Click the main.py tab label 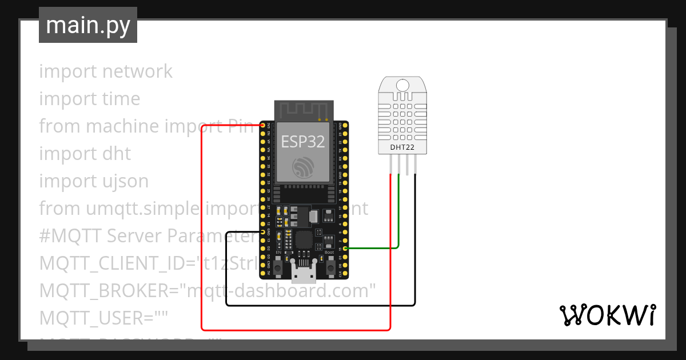88,25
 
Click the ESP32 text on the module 303,142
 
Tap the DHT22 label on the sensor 402,147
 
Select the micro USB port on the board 303,273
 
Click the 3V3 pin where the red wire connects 263,125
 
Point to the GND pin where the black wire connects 263,232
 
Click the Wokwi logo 607,315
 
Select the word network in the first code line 137,71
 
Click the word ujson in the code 123,181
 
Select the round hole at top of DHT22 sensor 402,86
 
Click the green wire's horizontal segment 372,249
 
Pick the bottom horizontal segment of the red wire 297,330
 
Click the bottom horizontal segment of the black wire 320,305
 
